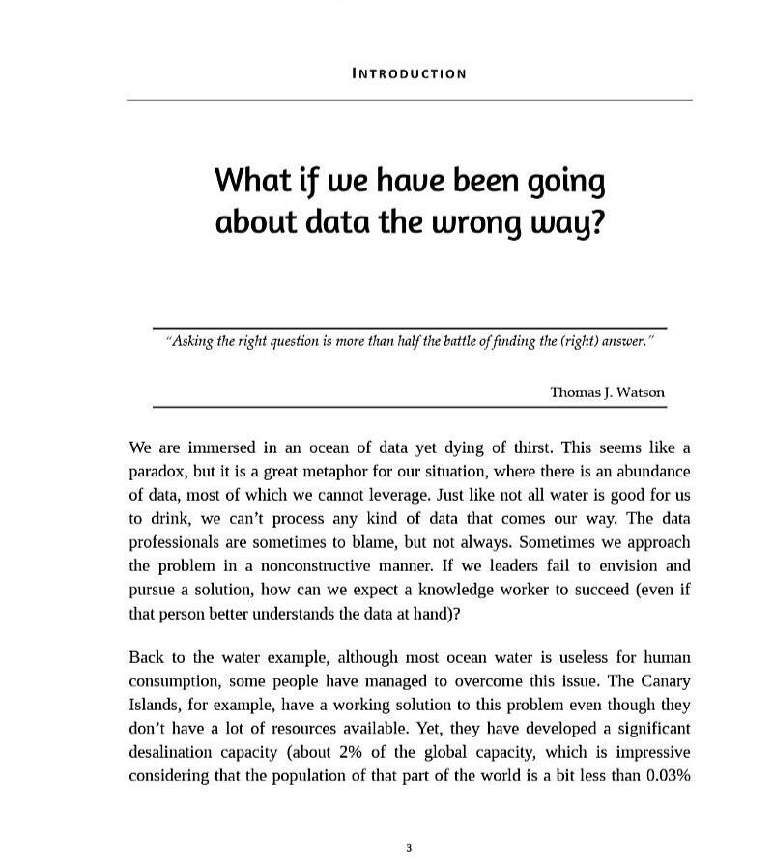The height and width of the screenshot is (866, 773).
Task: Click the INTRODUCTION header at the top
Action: click(x=409, y=73)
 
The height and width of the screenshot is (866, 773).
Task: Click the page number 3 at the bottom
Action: click(x=409, y=849)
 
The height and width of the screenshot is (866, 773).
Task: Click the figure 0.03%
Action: click(x=666, y=776)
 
